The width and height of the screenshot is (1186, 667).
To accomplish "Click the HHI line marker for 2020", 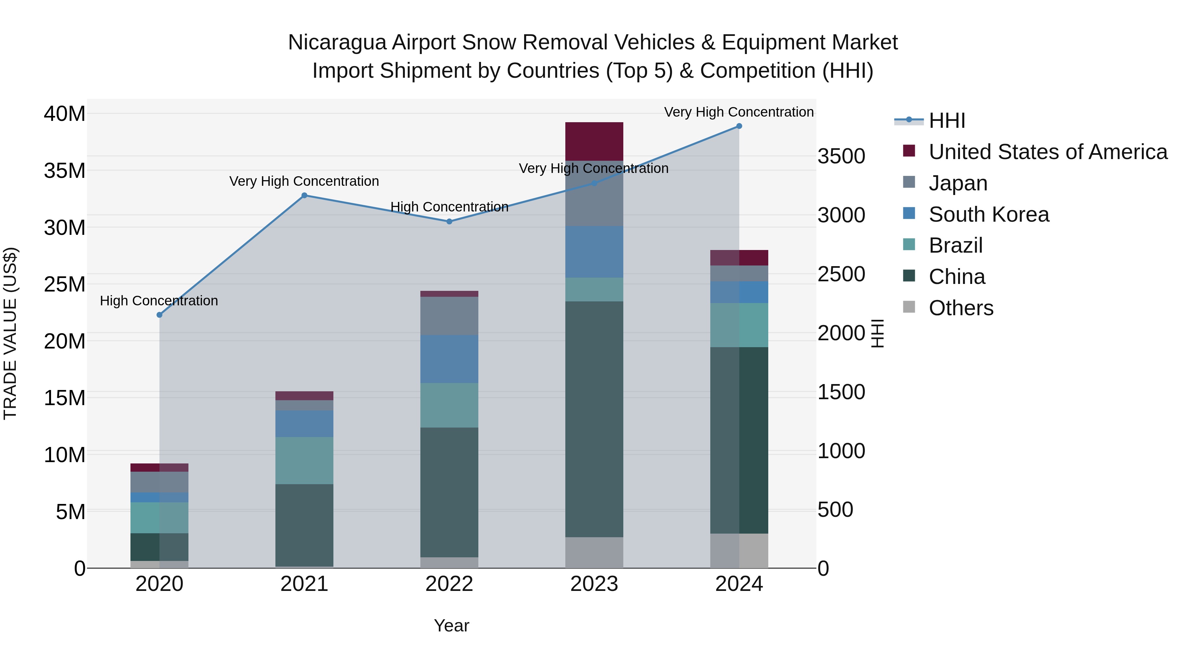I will [x=159, y=315].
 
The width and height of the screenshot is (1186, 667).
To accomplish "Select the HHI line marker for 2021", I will [x=304, y=195].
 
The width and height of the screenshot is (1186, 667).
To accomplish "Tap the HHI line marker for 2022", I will [x=449, y=221].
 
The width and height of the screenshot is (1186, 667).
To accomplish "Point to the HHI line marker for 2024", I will [x=739, y=126].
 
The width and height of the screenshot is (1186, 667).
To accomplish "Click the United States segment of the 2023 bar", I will [x=594, y=141].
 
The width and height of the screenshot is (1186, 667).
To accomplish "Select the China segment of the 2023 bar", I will [x=594, y=419].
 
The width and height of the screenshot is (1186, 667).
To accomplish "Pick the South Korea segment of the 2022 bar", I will [x=449, y=359].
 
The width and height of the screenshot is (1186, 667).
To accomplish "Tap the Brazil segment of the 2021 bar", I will [x=304, y=460].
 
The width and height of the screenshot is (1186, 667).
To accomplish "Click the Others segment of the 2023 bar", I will [x=594, y=552].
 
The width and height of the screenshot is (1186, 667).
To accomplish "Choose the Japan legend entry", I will [x=958, y=183].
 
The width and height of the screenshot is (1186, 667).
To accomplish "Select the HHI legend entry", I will [x=946, y=121].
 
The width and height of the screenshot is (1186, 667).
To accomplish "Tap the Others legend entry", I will [x=961, y=308].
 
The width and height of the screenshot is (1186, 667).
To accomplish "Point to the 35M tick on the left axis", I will [x=65, y=171].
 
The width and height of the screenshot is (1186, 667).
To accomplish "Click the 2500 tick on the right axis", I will [x=841, y=274].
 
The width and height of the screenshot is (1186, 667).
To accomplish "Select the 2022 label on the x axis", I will [x=449, y=584].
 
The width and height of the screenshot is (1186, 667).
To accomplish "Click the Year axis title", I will [x=451, y=625].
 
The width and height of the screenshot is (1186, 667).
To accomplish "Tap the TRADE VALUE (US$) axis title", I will [x=10, y=333].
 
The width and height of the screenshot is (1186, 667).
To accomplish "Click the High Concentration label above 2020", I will [x=159, y=301].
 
